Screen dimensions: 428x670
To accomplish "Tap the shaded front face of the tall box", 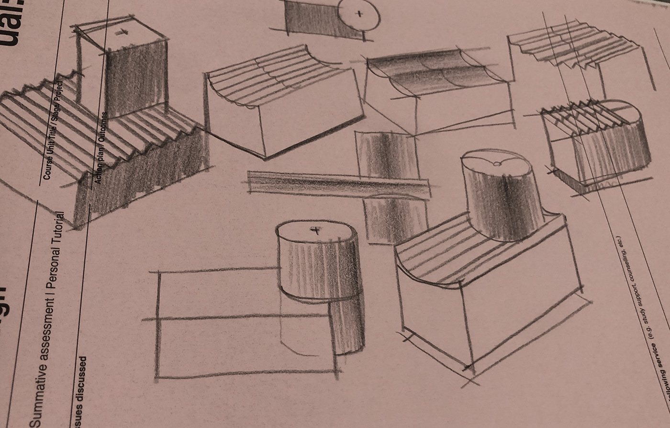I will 134,79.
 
